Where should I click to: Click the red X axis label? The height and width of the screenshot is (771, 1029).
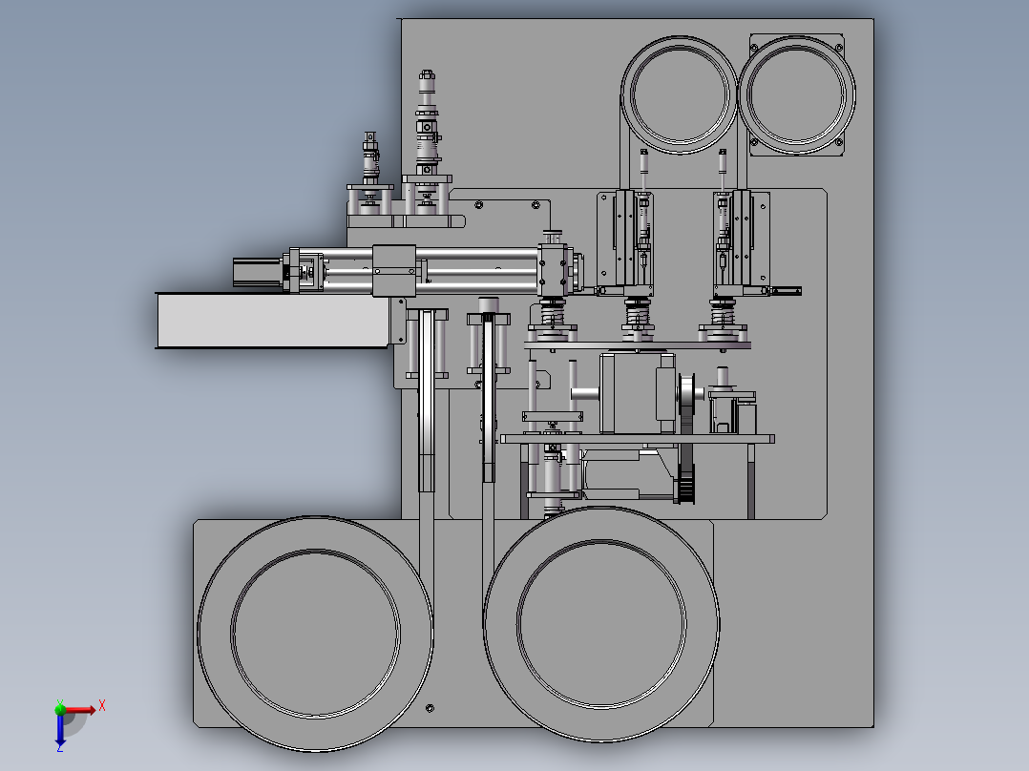101,705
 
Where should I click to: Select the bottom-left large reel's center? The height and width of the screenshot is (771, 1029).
315,634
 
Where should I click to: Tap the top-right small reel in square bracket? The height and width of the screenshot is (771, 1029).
798,94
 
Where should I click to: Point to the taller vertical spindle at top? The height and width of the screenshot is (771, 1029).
426,124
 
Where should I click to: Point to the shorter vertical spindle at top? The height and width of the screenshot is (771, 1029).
369,157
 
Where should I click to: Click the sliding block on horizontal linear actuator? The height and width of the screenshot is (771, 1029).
392,270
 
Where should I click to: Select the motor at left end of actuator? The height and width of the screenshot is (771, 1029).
256,271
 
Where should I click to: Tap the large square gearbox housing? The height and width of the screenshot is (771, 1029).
636,392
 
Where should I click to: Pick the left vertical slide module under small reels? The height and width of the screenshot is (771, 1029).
627,241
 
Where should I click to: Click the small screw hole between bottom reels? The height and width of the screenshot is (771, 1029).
430,707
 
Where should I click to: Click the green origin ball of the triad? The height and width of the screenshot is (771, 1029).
60,709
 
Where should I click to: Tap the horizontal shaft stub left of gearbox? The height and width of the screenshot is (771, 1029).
584,393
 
